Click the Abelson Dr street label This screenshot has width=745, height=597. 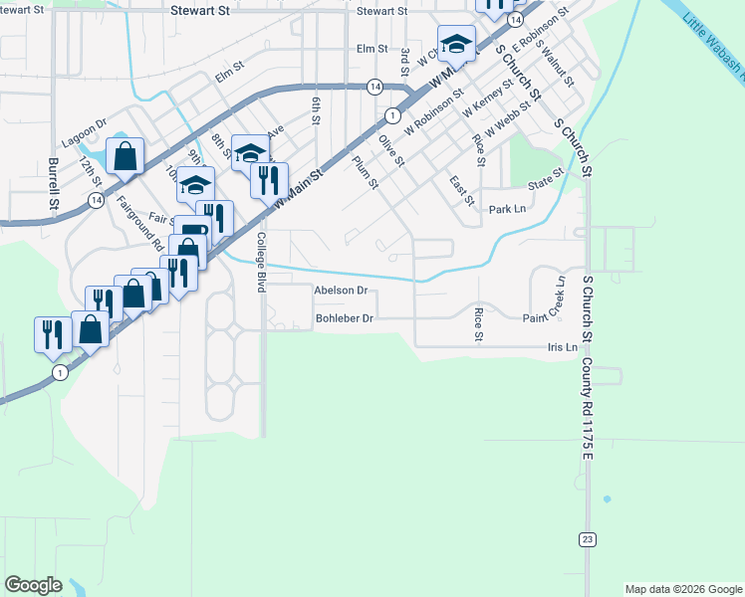point(341,291)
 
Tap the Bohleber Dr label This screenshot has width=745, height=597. point(344,318)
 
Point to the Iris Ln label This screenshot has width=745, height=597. point(562,347)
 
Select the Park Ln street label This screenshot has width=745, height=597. point(507,210)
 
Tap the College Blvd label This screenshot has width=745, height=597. point(262,262)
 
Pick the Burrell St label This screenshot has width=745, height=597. point(54,183)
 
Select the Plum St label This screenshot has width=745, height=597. point(366,172)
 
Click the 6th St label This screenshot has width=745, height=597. point(316,110)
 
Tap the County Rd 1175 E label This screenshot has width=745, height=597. point(588,408)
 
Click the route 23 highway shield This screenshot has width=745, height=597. point(588,538)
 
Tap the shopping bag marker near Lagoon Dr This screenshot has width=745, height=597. point(124,156)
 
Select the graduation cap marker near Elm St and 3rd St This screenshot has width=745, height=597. point(456,44)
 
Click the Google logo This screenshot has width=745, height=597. point(33,585)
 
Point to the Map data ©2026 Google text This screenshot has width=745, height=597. point(682,589)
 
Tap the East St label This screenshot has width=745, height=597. point(461,191)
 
